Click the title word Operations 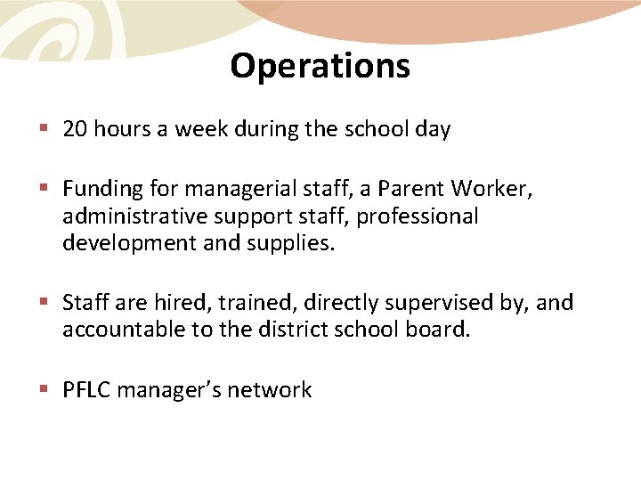click(320, 66)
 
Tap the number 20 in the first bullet click(74, 129)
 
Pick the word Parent click(411, 189)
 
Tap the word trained click(233, 303)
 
